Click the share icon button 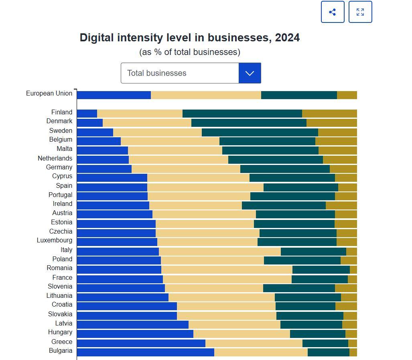(x=333, y=12)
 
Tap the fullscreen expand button (x=360, y=12)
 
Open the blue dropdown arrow (x=250, y=73)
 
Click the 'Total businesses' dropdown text (x=157, y=73)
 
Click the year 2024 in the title (x=287, y=38)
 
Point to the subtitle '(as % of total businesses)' (x=190, y=52)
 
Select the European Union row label (x=49, y=94)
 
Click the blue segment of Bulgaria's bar (x=145, y=352)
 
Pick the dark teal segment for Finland (x=242, y=114)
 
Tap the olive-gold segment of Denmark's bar (x=331, y=123)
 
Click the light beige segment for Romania (x=227, y=270)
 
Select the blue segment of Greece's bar (x=141, y=343)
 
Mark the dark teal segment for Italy (x=313, y=252)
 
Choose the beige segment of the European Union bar (x=206, y=95)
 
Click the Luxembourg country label (x=55, y=240)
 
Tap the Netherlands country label (x=55, y=159)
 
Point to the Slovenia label (x=60, y=287)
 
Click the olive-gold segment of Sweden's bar (x=337, y=132)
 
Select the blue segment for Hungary (x=135, y=334)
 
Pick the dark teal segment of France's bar (x=319, y=279)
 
